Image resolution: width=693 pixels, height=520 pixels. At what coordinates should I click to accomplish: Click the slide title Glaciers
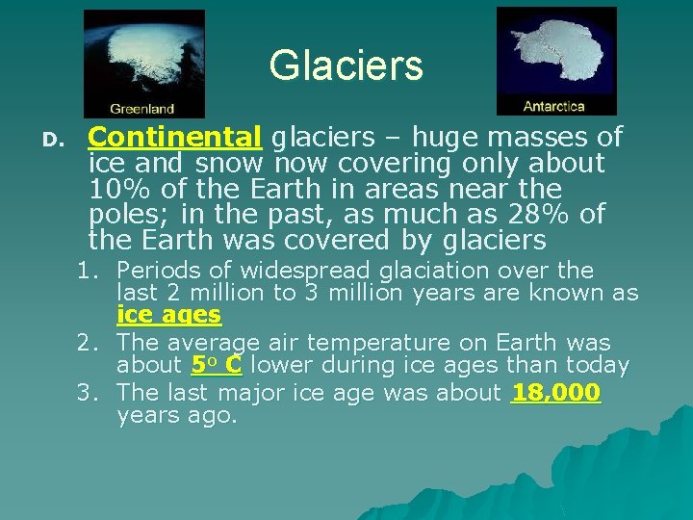[346, 65]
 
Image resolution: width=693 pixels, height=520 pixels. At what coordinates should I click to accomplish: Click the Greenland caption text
[142, 109]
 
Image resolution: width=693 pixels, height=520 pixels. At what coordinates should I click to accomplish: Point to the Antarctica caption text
[553, 106]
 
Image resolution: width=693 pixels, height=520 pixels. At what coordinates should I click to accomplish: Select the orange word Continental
[175, 138]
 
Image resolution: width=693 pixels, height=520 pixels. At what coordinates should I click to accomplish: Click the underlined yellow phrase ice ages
[168, 315]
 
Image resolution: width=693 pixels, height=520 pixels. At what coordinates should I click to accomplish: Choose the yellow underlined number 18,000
[555, 393]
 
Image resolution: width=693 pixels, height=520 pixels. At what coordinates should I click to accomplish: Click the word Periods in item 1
[158, 271]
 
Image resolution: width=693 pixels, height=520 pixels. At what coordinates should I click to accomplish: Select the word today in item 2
[598, 366]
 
